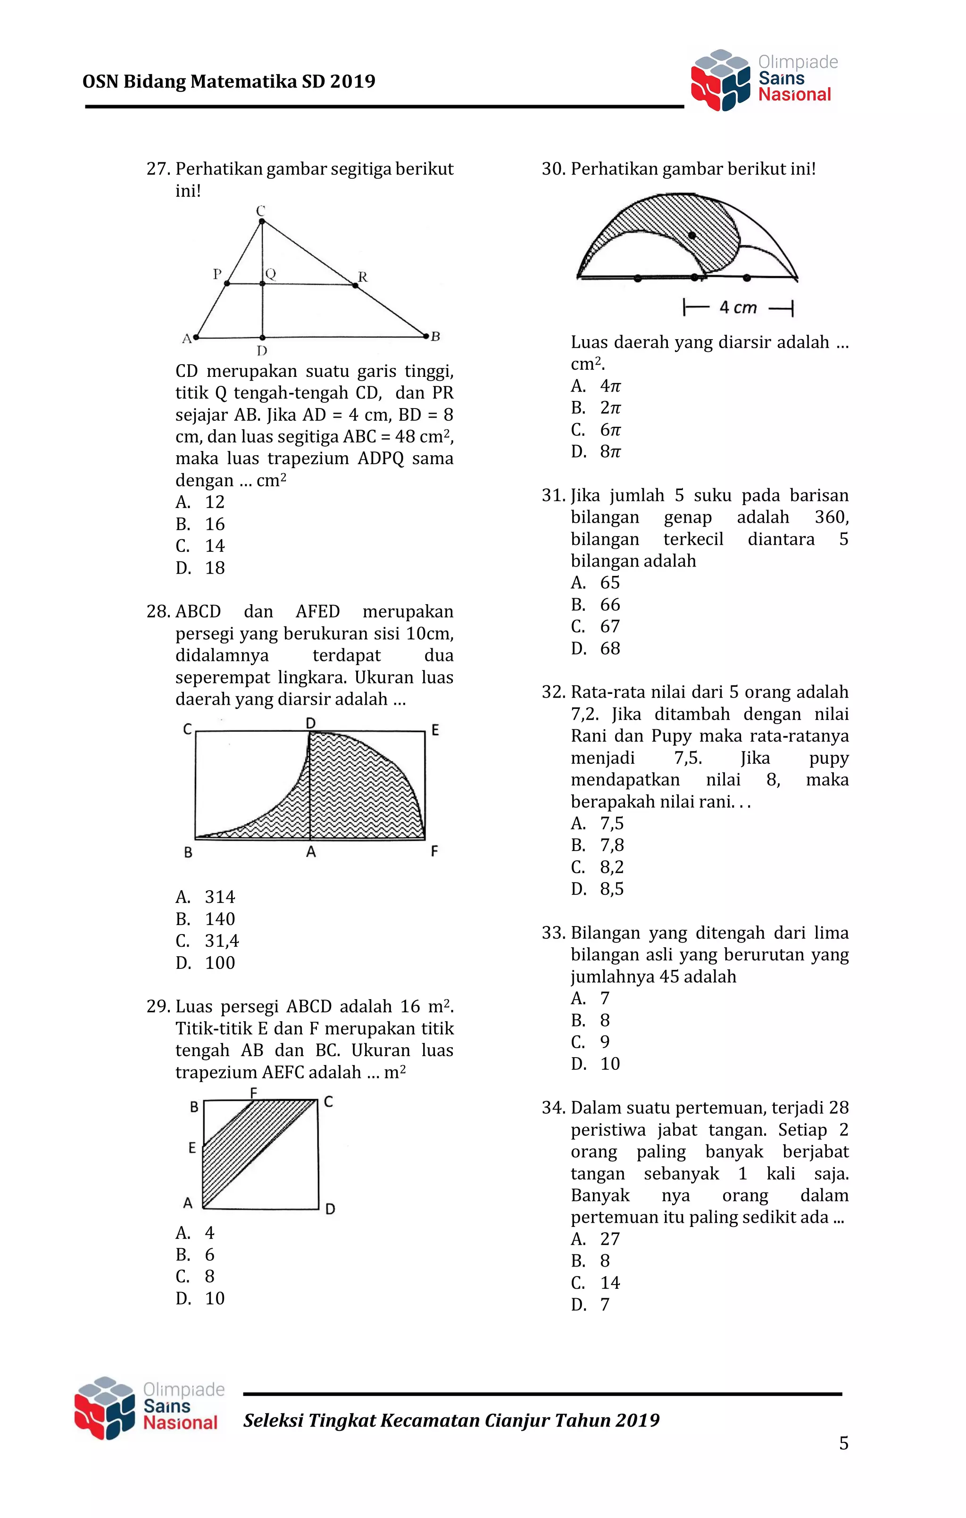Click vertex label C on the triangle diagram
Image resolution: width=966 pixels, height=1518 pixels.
pos(260,210)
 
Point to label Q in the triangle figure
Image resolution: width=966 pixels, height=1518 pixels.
pos(270,274)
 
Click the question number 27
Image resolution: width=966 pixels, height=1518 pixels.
pos(158,169)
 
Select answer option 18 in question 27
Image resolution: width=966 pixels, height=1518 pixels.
pos(215,567)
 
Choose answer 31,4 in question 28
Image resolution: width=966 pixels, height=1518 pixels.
pos(221,941)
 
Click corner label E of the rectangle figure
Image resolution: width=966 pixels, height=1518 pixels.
pos(434,730)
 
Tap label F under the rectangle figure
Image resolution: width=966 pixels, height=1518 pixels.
pos(434,851)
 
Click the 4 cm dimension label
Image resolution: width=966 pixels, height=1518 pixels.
pos(738,308)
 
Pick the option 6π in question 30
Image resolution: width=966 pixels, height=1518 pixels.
pos(610,429)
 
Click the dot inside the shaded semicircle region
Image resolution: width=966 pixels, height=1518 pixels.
pos(691,235)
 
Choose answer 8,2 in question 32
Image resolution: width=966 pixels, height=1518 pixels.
pos(612,867)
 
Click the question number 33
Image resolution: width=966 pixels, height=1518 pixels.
pos(553,933)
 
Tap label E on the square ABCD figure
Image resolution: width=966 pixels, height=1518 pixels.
pos(192,1148)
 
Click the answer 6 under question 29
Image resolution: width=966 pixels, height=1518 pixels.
pos(209,1254)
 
